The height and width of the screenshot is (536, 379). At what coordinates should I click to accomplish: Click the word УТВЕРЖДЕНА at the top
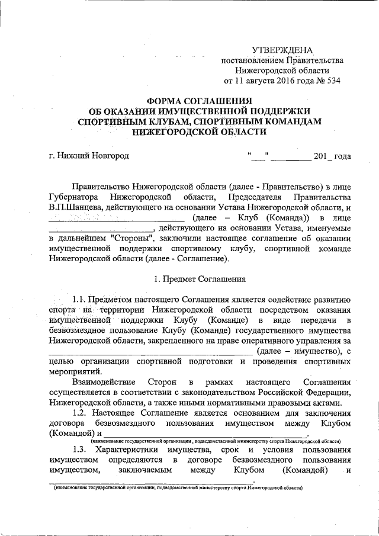282,50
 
